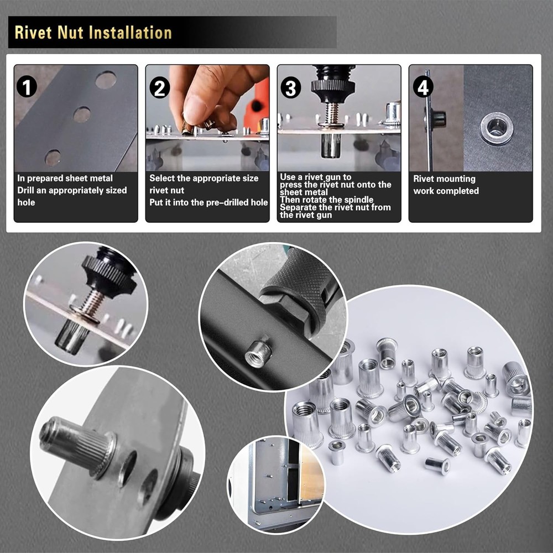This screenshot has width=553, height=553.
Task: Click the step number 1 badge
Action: point(27,87)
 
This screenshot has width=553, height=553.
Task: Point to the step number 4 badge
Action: point(423,87)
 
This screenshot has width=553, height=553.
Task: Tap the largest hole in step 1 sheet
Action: point(106,80)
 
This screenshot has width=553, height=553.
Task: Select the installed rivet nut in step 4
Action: point(497,128)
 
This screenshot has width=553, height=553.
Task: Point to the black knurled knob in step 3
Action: point(331,86)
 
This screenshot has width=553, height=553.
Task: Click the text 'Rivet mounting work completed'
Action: point(446,185)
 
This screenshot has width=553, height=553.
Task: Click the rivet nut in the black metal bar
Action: point(258,352)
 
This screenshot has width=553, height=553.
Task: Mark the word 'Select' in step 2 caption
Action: point(163,178)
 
